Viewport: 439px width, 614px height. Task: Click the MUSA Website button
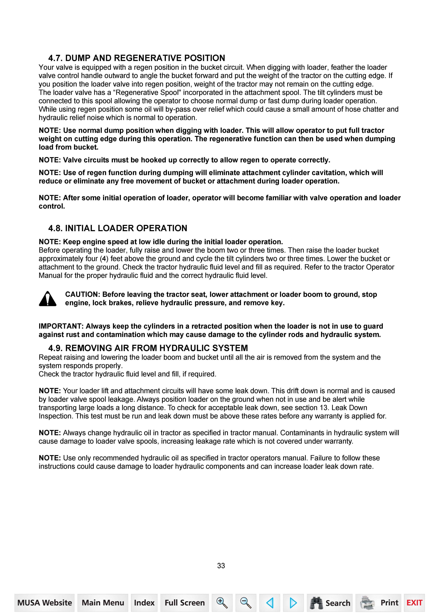tap(45, 603)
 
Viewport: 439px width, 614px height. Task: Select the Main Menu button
tap(103, 603)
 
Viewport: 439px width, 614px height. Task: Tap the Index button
tap(144, 603)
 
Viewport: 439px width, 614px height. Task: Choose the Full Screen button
tap(185, 603)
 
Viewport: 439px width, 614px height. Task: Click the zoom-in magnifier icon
tap(222, 603)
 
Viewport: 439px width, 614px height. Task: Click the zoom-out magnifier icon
tap(246, 603)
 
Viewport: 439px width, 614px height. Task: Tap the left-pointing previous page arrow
tap(270, 603)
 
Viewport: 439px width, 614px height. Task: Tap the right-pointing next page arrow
tap(293, 603)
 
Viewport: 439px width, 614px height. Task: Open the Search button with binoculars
tap(330, 603)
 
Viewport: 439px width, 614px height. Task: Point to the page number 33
tap(221, 565)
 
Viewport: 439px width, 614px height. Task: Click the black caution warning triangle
tap(48, 299)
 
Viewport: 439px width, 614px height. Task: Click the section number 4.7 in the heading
tap(55, 58)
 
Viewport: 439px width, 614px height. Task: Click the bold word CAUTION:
tap(82, 294)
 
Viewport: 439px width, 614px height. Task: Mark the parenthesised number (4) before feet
tap(104, 259)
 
